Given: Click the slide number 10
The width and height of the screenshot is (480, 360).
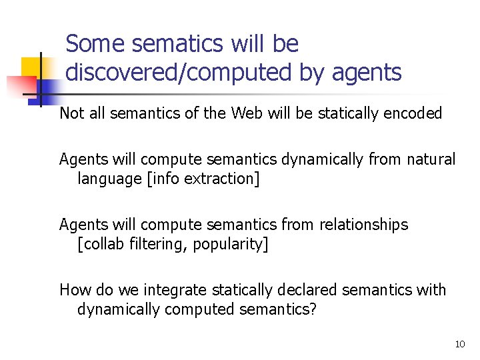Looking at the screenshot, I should (459, 344).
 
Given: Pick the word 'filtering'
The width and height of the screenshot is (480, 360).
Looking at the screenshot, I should (157, 244).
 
